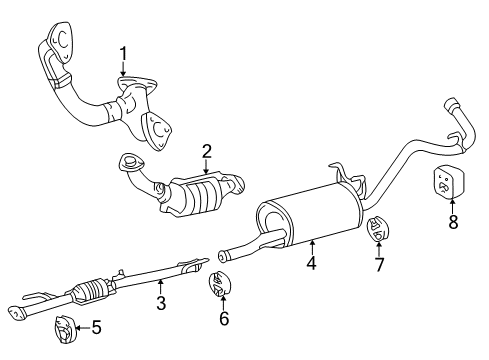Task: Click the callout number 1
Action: pos(123,54)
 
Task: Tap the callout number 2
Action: pos(207,152)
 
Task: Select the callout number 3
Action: pos(161,303)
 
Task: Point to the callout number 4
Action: pos(311,263)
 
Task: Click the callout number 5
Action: pos(96,327)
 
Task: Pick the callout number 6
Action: pos(224,318)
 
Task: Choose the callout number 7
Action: pos(379,264)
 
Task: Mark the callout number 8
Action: pos(453,222)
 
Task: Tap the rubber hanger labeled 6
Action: pos(220,284)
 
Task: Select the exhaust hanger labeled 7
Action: pos(378,229)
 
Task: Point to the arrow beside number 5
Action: pos(82,328)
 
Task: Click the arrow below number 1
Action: pos(123,69)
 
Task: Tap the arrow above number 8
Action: pos(453,206)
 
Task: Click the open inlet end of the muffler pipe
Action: pos(221,256)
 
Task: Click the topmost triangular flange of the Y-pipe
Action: pos(61,41)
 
